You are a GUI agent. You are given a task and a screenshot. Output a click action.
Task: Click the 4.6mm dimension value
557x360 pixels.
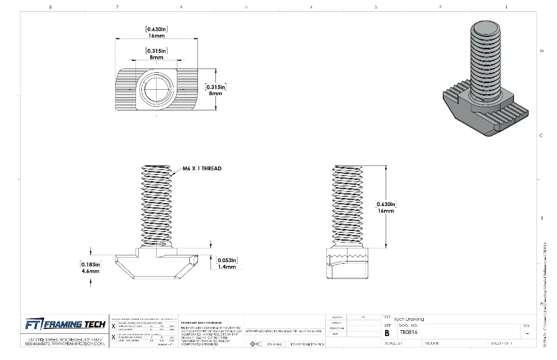[x=90, y=270]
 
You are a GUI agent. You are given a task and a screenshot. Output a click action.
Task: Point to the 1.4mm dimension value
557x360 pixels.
[x=227, y=266]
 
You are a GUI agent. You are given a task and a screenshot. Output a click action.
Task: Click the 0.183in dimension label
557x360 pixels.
[x=90, y=264]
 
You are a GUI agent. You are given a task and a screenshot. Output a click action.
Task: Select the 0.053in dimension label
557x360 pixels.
[x=227, y=260]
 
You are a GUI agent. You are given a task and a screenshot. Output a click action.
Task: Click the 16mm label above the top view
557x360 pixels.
[x=156, y=35]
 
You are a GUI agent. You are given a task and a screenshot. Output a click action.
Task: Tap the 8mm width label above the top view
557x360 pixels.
[x=156, y=57]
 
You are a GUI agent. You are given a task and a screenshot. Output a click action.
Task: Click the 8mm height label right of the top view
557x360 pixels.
[x=215, y=94]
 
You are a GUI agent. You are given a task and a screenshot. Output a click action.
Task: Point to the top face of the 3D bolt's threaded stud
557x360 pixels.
[x=484, y=27]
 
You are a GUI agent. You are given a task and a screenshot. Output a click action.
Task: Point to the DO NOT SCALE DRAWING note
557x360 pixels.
[x=307, y=344]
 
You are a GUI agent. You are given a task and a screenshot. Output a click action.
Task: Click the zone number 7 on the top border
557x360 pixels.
[x=116, y=7]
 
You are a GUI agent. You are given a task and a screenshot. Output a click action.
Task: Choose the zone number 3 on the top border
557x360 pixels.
[x=376, y=7]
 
